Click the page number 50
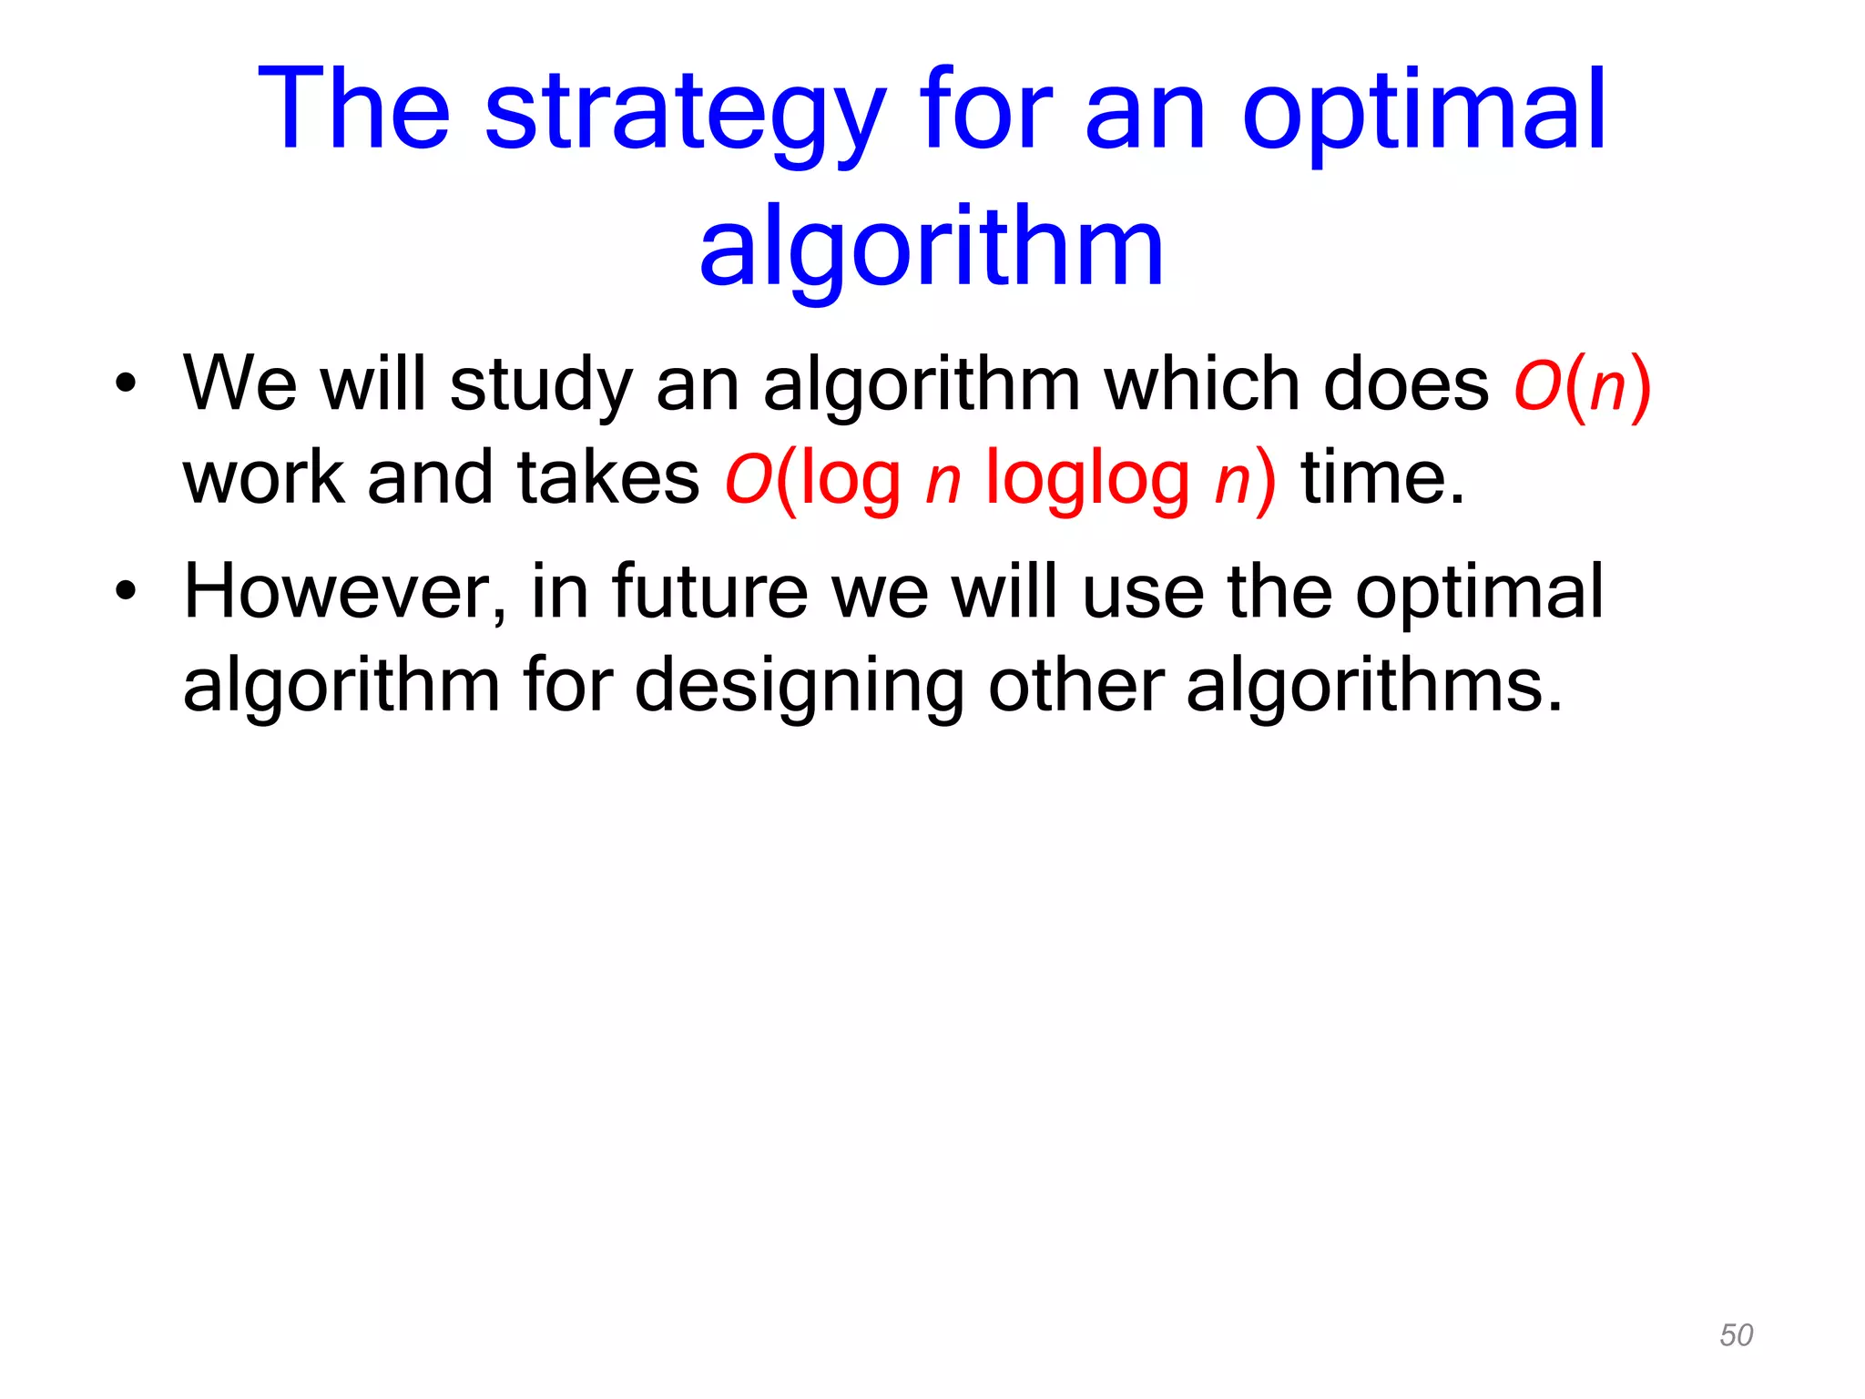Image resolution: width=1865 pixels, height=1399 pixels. [x=1736, y=1335]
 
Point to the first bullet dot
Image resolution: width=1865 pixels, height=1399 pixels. [x=126, y=383]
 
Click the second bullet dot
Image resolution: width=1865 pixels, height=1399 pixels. [x=126, y=591]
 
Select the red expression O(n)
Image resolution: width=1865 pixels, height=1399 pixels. [x=1582, y=385]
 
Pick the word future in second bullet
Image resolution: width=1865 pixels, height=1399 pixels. [x=709, y=592]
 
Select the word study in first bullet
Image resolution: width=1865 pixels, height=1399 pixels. [x=541, y=385]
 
